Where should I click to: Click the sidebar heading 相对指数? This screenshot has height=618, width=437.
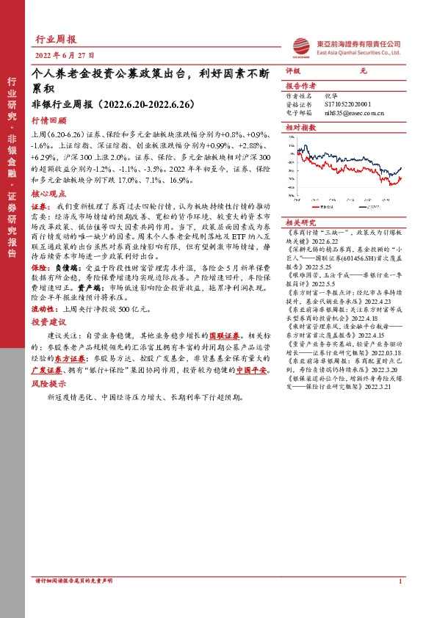pos(300,127)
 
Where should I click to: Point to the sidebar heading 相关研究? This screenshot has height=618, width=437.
pos(300,222)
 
